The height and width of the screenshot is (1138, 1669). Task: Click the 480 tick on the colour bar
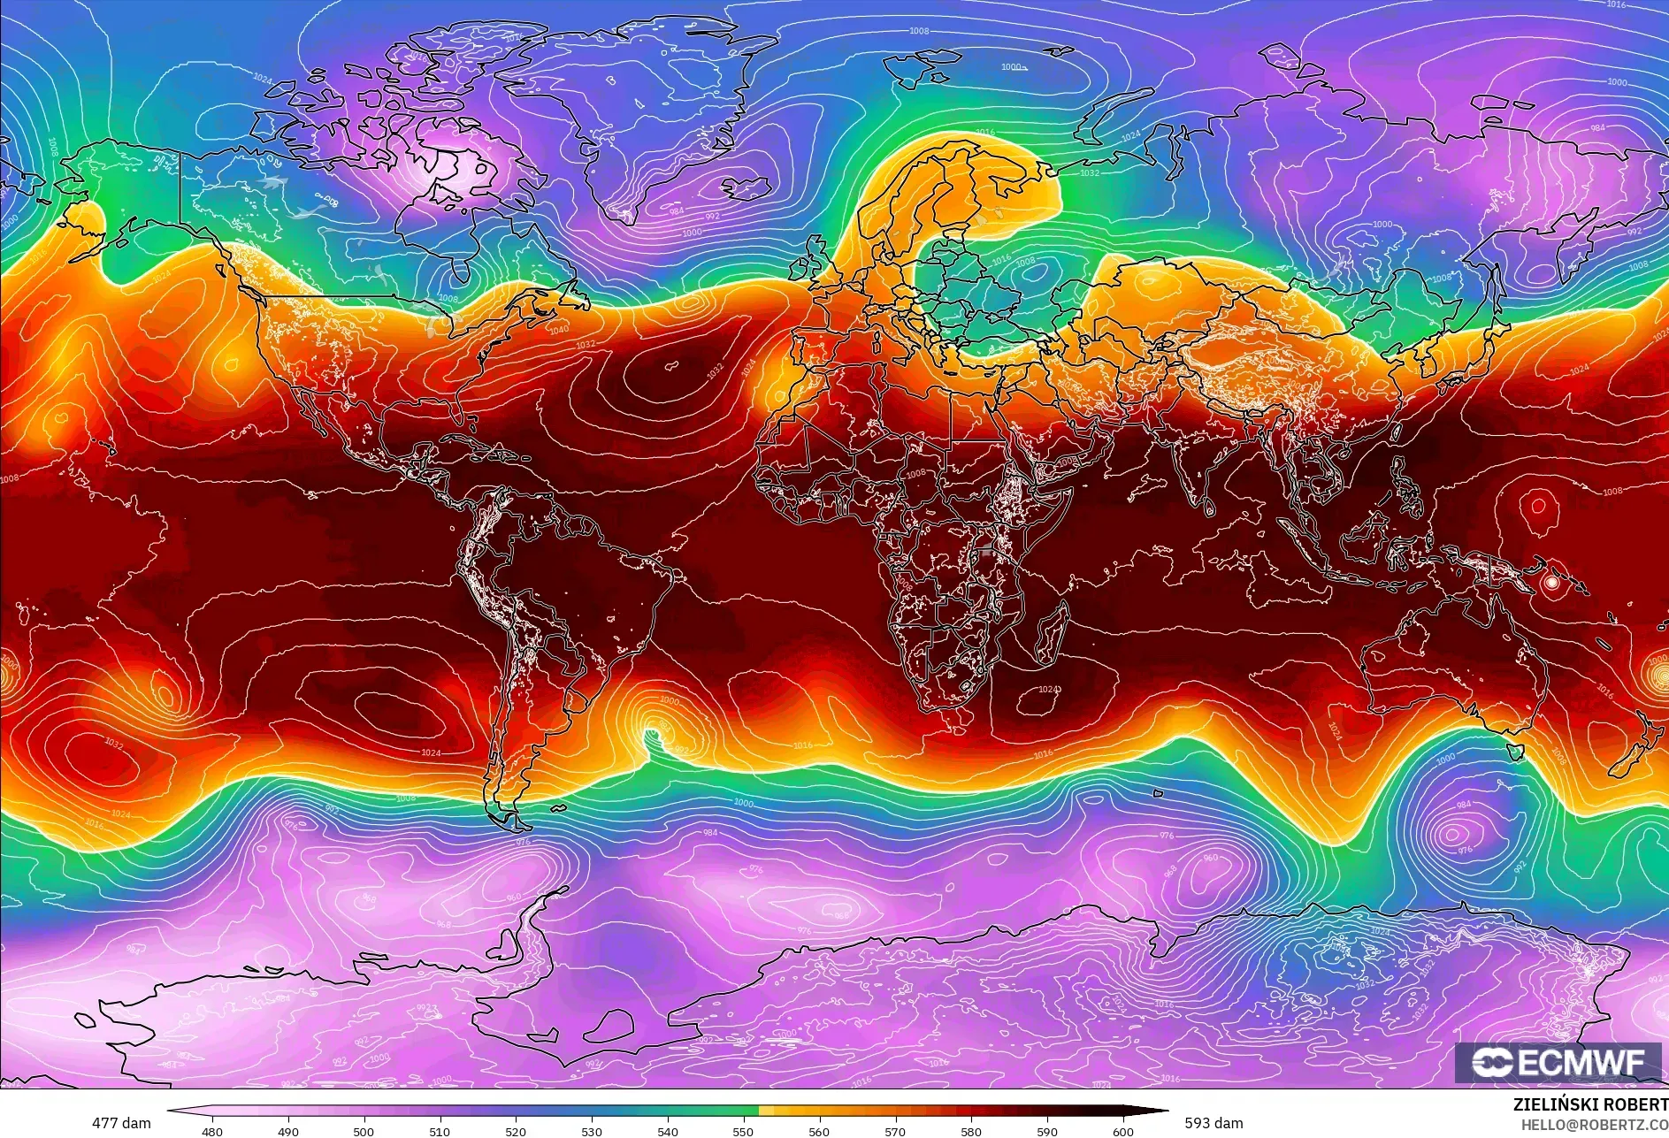pos(212,1130)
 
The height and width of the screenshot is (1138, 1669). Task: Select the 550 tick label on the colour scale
pos(743,1130)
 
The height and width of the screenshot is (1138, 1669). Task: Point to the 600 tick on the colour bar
pos(1123,1130)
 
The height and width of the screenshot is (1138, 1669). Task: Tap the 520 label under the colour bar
pos(516,1130)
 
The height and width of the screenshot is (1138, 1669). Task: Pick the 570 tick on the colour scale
pos(895,1130)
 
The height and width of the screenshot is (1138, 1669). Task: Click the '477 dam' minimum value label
pos(121,1123)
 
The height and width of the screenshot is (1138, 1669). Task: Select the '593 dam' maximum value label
pos(1213,1123)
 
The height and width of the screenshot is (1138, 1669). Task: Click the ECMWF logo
pos(1558,1062)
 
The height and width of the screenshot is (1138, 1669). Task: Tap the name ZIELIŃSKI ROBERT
pos(1589,1104)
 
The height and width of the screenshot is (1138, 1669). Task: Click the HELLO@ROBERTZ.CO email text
pos(1594,1124)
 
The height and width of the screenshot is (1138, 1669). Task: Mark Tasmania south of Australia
pos(1515,752)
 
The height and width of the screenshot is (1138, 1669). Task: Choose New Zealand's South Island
pos(1627,761)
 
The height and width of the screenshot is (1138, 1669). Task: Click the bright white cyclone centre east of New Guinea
pos(1550,583)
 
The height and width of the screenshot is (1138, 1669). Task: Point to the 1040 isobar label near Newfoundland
pos(559,330)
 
